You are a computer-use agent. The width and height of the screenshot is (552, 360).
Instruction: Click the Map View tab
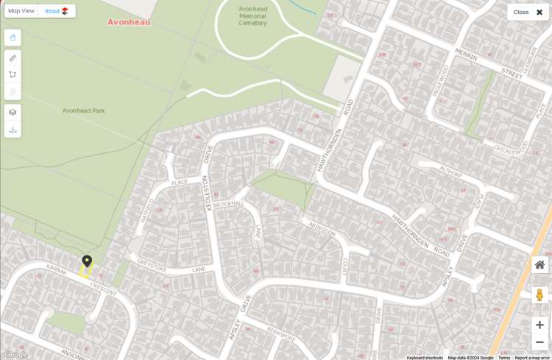point(21,11)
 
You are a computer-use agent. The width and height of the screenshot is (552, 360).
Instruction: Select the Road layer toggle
point(56,11)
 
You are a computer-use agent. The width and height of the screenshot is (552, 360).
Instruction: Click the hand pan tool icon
point(13,38)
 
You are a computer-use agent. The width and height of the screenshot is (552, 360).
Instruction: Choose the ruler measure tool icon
point(13,58)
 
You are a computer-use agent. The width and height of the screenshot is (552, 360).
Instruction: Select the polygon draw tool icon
point(13,74)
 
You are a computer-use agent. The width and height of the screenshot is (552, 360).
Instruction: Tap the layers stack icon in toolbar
point(13,113)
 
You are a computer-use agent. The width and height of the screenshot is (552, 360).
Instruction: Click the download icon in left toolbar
point(13,130)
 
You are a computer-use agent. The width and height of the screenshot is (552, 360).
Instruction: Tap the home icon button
point(539,265)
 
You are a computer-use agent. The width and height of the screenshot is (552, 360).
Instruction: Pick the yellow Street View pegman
point(539,294)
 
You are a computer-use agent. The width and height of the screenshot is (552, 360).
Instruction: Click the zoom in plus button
point(539,325)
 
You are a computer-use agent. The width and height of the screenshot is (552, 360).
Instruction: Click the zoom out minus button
point(539,342)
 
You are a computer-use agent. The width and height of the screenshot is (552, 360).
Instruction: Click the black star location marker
point(87,261)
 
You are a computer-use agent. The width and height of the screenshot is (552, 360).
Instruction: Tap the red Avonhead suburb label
point(129,22)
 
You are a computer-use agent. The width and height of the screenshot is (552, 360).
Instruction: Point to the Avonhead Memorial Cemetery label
point(252,16)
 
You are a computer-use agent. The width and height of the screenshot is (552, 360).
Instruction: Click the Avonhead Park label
point(83,110)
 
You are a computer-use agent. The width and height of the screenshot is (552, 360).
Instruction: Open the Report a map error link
point(531,358)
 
